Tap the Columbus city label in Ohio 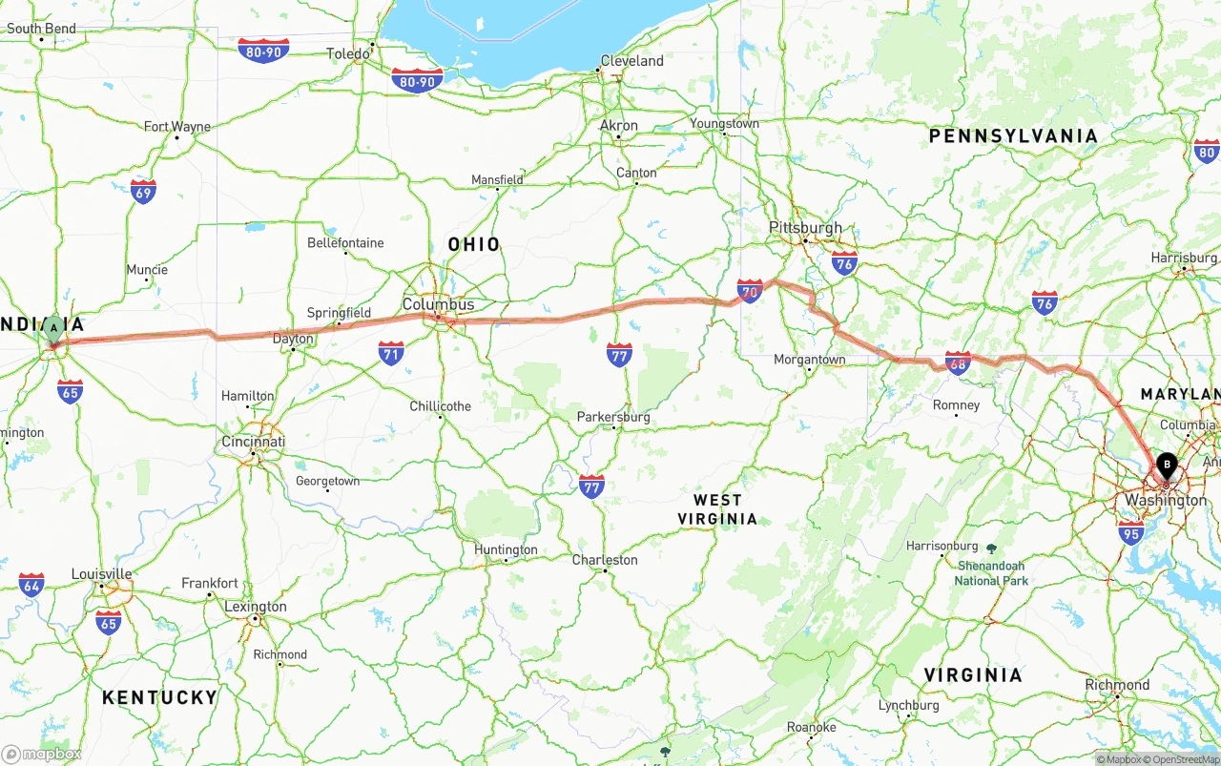coord(438,304)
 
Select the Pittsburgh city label coord(806,228)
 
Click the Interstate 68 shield coord(958,362)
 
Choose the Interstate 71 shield coord(390,353)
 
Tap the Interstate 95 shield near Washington coord(1130,532)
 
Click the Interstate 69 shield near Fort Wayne coord(144,191)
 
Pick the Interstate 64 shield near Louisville coord(31,584)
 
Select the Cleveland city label coord(631,61)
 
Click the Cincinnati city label coord(253,443)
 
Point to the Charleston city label coord(605,560)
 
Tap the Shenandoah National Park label coord(992,573)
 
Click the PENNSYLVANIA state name coord(1013,136)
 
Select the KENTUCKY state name coord(159,697)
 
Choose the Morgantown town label coord(809,360)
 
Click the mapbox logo coord(42,754)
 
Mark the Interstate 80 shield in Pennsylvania coord(1206,151)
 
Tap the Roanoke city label coord(811,727)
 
